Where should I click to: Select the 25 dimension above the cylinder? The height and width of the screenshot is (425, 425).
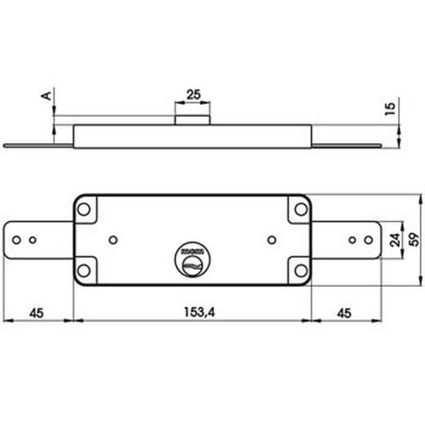pyautogui.click(x=194, y=95)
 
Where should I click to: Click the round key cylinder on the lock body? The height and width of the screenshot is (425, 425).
pyautogui.click(x=193, y=261)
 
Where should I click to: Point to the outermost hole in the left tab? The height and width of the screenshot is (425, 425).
pyautogui.click(x=16, y=240)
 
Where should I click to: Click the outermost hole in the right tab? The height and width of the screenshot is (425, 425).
pyautogui.click(x=367, y=240)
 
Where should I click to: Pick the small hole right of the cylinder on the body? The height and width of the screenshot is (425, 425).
pyautogui.click(x=271, y=240)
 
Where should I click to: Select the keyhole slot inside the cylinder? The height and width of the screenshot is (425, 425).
pyautogui.click(x=193, y=266)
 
